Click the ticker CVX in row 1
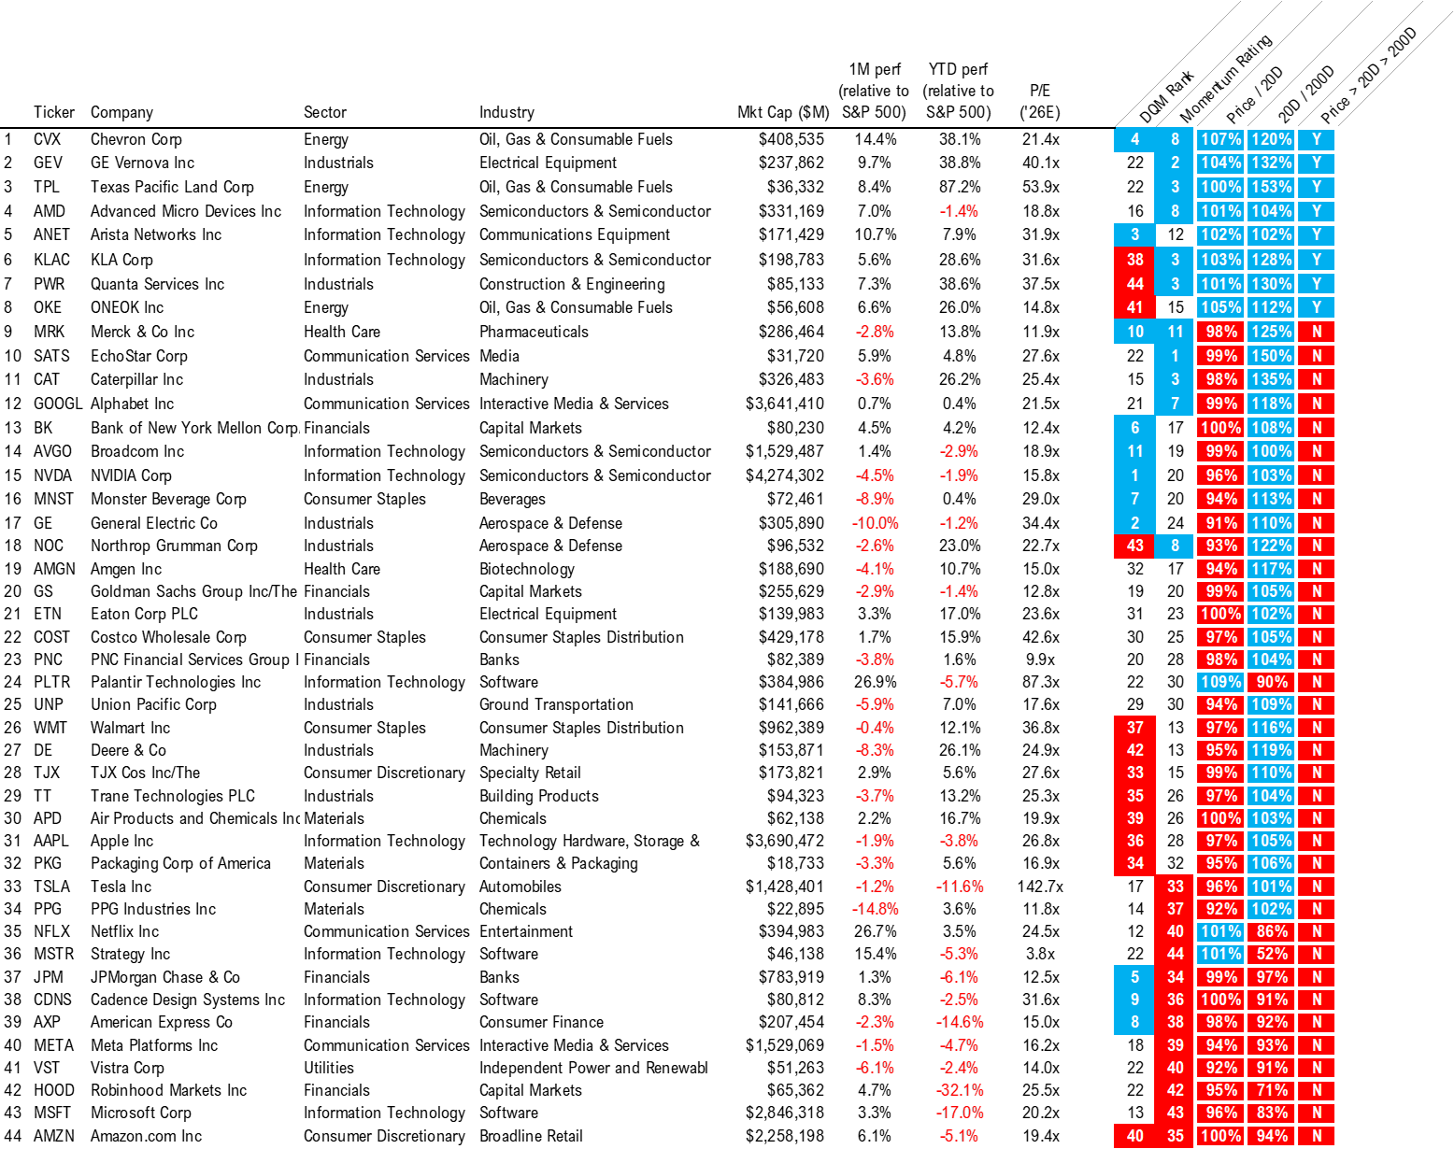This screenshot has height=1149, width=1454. [x=47, y=139]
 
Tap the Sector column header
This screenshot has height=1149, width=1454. [x=324, y=112]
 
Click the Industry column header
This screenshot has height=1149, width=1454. [x=506, y=112]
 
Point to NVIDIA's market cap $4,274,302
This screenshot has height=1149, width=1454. [x=785, y=475]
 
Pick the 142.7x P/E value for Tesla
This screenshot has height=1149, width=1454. [x=1040, y=887]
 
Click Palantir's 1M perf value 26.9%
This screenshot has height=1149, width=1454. [x=875, y=682]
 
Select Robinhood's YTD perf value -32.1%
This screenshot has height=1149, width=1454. [x=960, y=1090]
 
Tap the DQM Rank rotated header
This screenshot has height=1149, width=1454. [x=1166, y=97]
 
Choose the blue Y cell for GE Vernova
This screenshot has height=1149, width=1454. [x=1316, y=163]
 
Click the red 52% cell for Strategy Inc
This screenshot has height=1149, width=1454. [x=1272, y=954]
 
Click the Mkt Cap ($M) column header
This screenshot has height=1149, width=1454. [x=783, y=112]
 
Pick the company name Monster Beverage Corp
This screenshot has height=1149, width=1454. [x=168, y=499]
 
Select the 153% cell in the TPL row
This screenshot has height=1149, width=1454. [x=1272, y=187]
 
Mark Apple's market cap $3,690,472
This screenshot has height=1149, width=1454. [x=785, y=841]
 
